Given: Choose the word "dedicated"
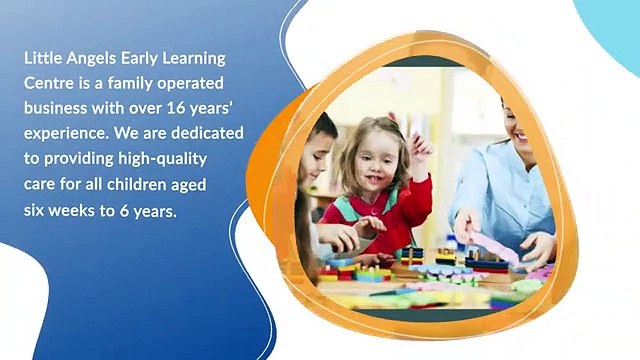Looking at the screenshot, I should pyautogui.click(x=196, y=135).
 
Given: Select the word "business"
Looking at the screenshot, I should pyautogui.click(x=56, y=110).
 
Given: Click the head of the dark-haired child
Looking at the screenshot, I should pyautogui.click(x=319, y=140).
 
